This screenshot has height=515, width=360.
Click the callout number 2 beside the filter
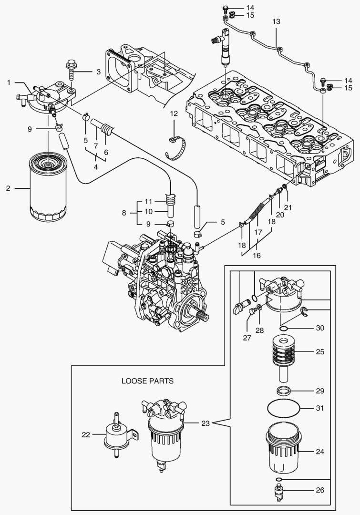point(8,188)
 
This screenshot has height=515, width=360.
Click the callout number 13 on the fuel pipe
point(277,22)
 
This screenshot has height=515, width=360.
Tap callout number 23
point(206,422)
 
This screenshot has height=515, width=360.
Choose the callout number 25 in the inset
point(320,352)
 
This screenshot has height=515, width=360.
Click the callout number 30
point(320,328)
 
